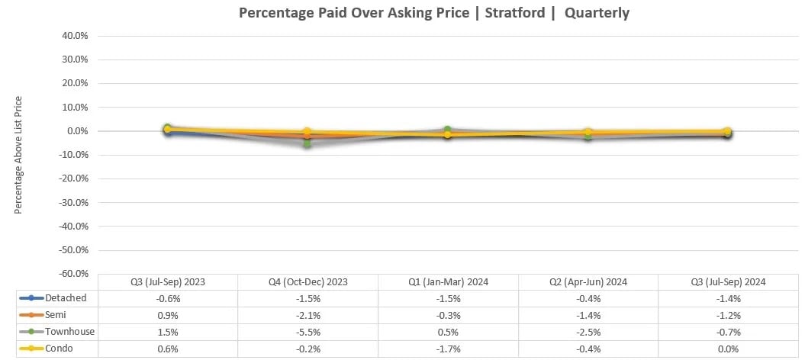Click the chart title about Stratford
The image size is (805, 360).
[434, 13]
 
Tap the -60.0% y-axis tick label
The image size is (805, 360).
[71, 273]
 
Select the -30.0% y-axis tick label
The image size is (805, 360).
[71, 202]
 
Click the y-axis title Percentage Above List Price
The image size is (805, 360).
[18, 155]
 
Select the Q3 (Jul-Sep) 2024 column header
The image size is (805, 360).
[727, 281]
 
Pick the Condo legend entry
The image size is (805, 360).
[53, 349]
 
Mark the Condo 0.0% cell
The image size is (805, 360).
[727, 349]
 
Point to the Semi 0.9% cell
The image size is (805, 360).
[168, 316]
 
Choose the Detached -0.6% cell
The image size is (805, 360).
[168, 298]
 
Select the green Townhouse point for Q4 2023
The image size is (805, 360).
[308, 143]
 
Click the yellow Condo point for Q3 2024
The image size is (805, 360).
[727, 131]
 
